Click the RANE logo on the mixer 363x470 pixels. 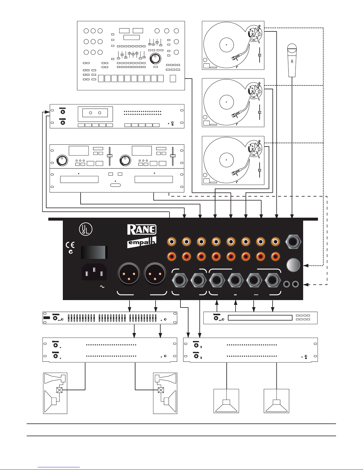[x=142, y=230]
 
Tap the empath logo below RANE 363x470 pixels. [x=142, y=243]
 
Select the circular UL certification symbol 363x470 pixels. [x=86, y=230]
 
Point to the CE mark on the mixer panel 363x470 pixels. [x=70, y=245]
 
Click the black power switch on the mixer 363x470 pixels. [x=94, y=252]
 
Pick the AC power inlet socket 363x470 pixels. [x=94, y=272]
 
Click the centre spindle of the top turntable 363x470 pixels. [x=226, y=45]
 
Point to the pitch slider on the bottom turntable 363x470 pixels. [x=260, y=170]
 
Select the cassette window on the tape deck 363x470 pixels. [x=95, y=113]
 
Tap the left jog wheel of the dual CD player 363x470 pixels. [x=63, y=161]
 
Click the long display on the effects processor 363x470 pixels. [x=260, y=318]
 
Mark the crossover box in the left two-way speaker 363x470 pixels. [x=59, y=390]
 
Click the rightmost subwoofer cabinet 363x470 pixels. [x=276, y=401]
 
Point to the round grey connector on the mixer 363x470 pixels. [x=293, y=265]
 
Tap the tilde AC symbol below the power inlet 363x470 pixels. [x=103, y=287]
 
